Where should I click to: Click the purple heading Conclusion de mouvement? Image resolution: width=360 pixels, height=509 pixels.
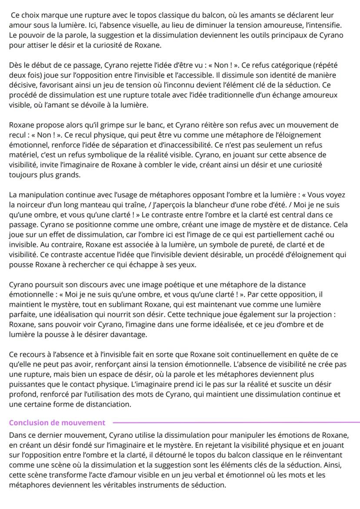click(57, 423)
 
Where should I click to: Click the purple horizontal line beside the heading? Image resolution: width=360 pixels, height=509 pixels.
click(235, 422)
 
